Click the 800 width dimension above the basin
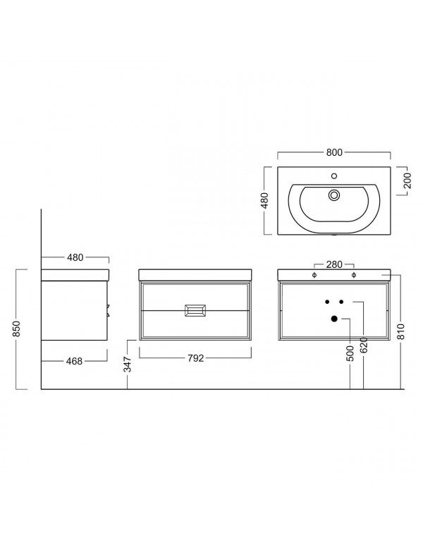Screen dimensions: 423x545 (x=334, y=152)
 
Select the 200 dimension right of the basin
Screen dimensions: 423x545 (x=407, y=180)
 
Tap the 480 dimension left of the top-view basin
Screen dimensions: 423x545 (x=264, y=200)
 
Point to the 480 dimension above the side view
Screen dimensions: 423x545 (x=75, y=257)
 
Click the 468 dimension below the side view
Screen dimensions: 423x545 (x=75, y=361)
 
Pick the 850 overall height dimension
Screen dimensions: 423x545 (x=17, y=329)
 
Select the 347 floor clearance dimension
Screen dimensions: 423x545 (x=128, y=365)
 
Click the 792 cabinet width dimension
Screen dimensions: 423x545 (x=195, y=358)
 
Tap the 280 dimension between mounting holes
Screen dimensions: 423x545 (x=334, y=264)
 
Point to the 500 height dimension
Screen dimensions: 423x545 (x=350, y=353)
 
